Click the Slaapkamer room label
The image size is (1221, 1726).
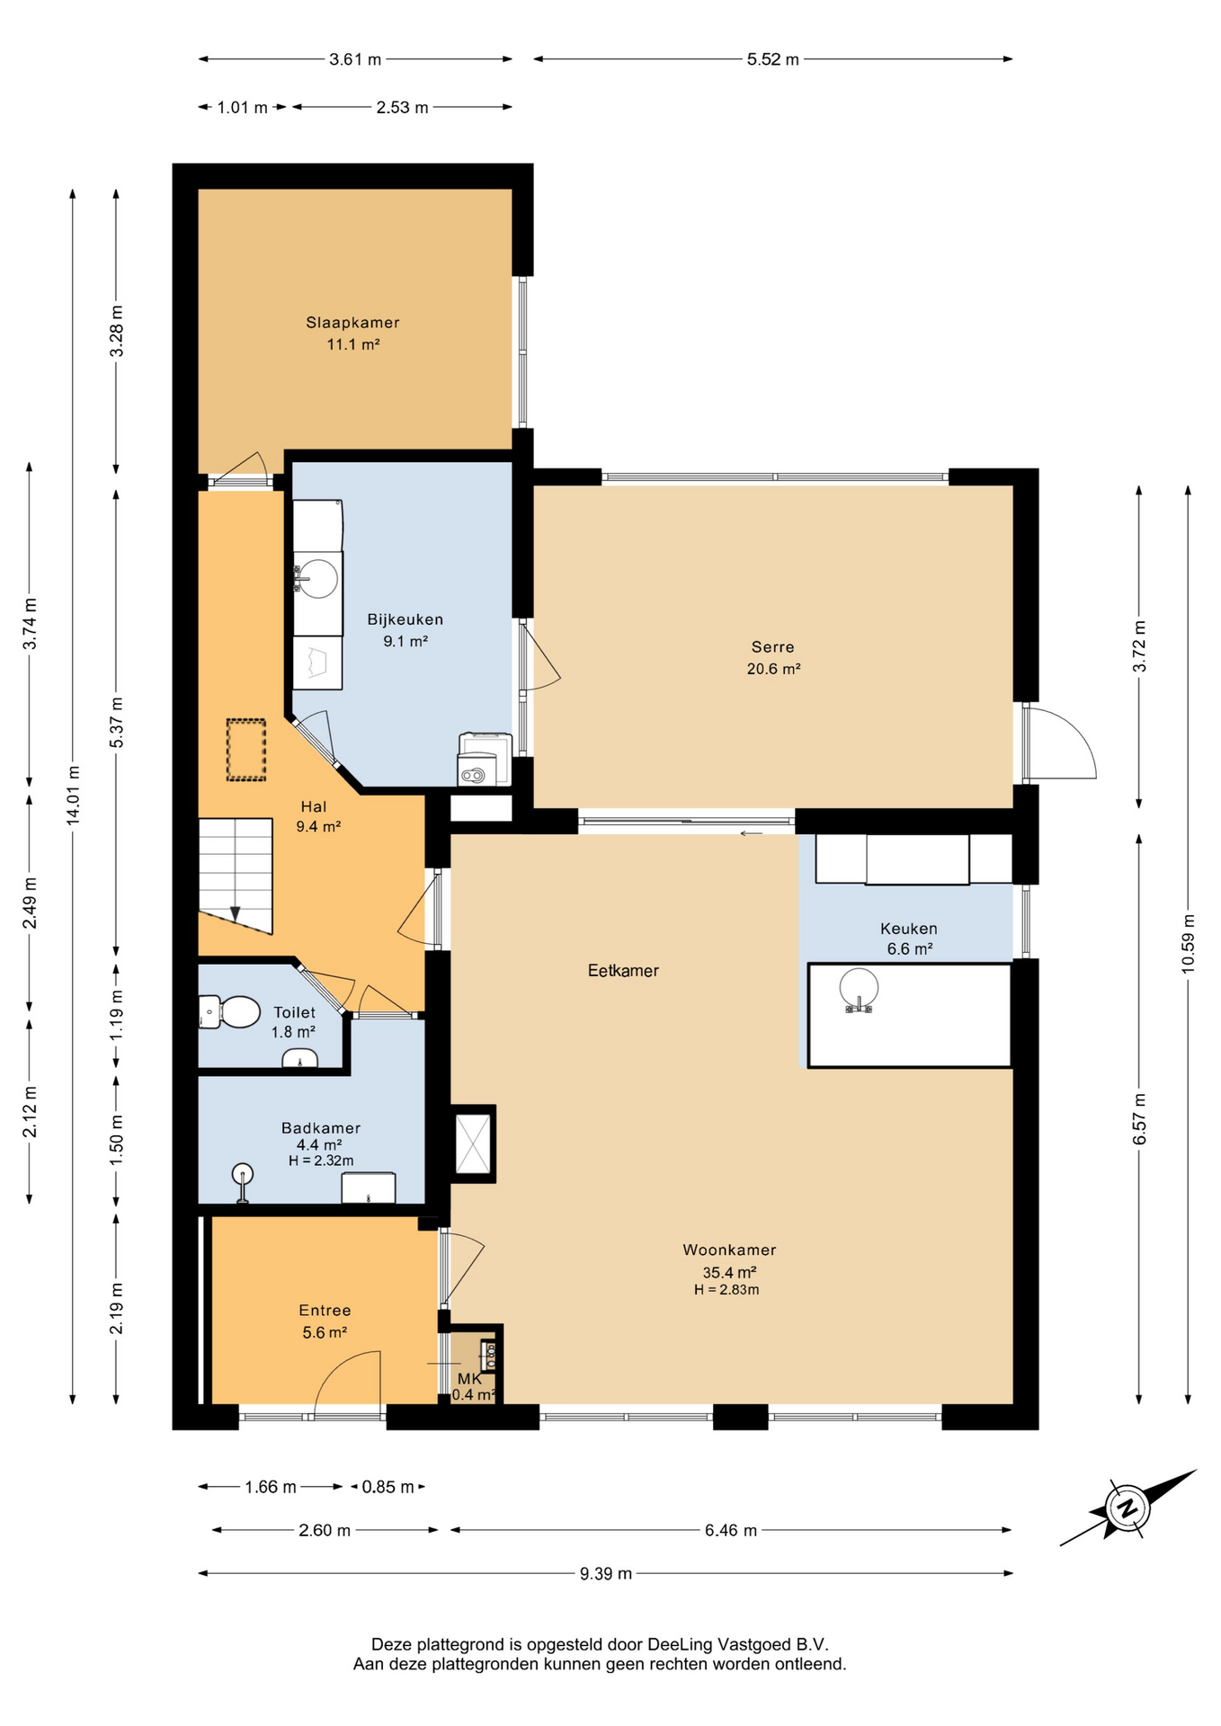352,322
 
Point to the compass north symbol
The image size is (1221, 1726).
1127,1508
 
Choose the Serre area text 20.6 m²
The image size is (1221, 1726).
773,669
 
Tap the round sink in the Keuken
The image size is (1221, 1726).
859,989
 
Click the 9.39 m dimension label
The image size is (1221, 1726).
605,1573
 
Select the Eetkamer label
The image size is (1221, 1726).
623,971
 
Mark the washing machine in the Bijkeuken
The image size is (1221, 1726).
485,761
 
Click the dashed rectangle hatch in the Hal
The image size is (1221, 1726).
245,750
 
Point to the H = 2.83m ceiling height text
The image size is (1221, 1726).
726,1290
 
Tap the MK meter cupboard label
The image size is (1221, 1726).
469,1379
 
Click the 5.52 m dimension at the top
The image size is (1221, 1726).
772,59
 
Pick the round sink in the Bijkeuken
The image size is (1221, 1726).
316,578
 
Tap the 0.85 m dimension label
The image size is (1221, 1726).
388,1487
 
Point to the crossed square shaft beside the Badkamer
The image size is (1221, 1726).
473,1143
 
